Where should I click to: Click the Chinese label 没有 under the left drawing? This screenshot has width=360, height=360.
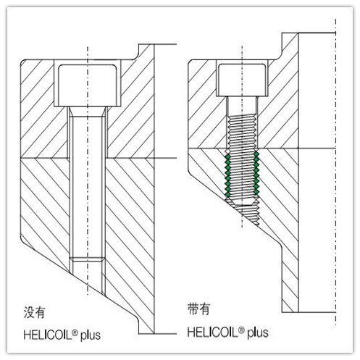pyautogui.click(x=34, y=312)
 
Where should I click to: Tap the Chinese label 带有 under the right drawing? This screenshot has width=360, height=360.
pyautogui.click(x=198, y=309)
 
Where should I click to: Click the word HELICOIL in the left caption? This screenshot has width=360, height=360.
pyautogui.click(x=47, y=335)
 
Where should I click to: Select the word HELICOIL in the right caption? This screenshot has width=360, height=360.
pyautogui.click(x=212, y=332)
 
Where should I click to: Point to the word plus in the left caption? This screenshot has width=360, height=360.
pyautogui.click(x=91, y=336)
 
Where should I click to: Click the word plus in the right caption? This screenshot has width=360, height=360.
pyautogui.click(x=258, y=333)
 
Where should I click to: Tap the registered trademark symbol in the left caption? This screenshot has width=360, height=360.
pyautogui.click(x=75, y=333)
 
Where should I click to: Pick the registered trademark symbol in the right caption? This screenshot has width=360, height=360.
pyautogui.click(x=241, y=330)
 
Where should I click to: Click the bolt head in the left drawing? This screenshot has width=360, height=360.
pyautogui.click(x=87, y=85)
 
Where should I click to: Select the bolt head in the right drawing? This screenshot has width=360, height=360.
pyautogui.click(x=242, y=80)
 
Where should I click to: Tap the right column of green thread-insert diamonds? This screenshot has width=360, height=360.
pyautogui.click(x=256, y=173)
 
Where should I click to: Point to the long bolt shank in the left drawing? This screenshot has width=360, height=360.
pyautogui.click(x=88, y=187)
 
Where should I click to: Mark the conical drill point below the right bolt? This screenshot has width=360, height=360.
pyautogui.click(x=244, y=213)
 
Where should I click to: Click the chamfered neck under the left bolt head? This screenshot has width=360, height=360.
pyautogui.click(x=88, y=112)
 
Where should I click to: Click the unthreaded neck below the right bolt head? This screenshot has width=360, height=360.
pyautogui.click(x=242, y=106)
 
